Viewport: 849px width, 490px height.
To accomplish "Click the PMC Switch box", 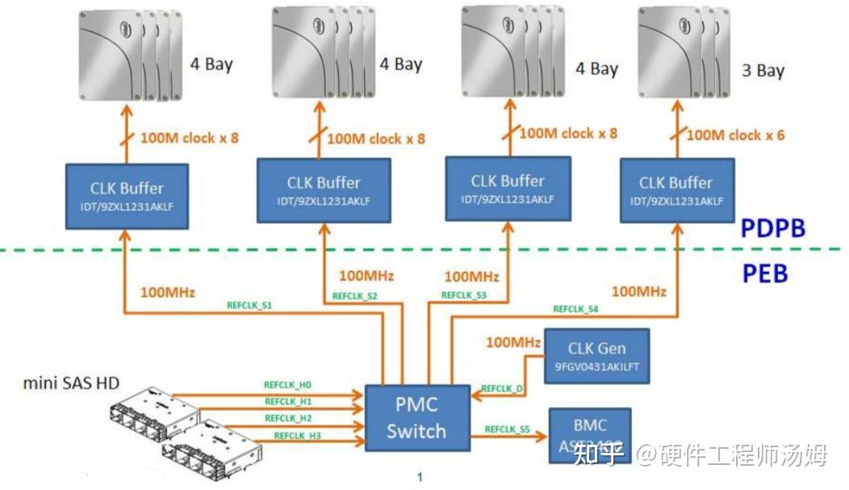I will (416, 417).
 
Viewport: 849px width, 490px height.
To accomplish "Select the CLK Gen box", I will (596, 356).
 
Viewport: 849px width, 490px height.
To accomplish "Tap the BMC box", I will (589, 434).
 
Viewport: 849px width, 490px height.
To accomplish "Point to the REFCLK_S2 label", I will (355, 296).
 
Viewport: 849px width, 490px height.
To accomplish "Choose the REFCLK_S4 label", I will (575, 308).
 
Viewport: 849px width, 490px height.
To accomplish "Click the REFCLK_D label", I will (502, 388).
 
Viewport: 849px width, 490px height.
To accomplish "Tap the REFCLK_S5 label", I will (507, 429).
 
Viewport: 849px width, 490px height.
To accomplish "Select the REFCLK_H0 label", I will (287, 384).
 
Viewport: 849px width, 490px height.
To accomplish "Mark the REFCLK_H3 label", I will (298, 436).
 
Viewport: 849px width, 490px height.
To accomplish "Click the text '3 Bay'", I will (763, 71).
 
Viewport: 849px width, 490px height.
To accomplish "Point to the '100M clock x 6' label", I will (735, 135).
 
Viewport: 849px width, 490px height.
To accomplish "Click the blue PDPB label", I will (774, 228).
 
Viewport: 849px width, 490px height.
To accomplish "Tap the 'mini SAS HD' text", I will (71, 382).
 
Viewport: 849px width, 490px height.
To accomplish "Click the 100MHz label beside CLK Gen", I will (512, 342).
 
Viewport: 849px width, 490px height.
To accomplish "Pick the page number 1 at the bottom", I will (420, 477).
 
